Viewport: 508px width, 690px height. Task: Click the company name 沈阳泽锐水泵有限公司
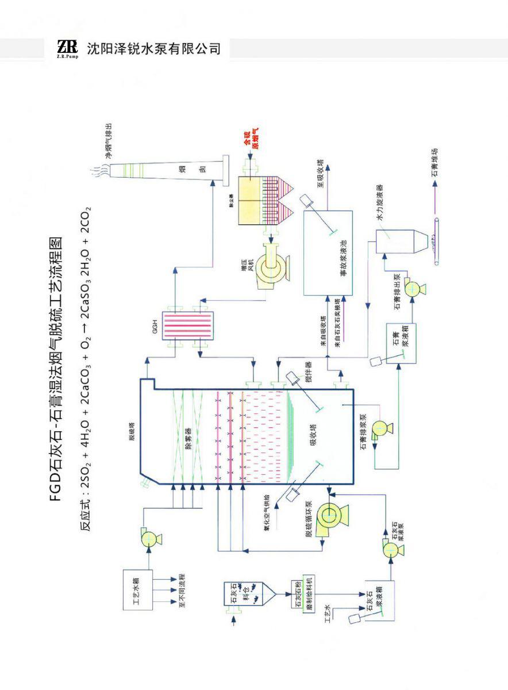pyautogui.click(x=154, y=48)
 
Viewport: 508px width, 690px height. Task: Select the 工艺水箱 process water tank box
pyautogui.click(x=138, y=589)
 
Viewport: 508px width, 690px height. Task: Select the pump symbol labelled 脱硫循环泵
pyautogui.click(x=330, y=515)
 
